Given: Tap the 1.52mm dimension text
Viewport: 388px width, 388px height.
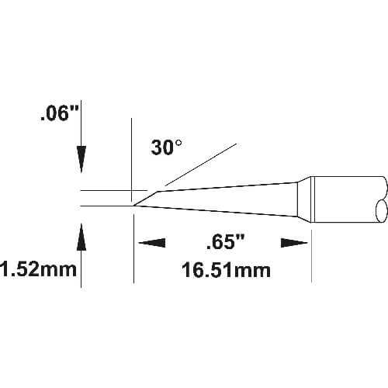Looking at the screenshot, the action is (38, 269).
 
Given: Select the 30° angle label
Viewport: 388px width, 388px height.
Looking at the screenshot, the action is (166, 147).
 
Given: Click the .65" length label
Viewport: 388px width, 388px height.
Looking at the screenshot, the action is (225, 243).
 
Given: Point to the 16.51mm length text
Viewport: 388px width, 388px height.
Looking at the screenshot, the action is (226, 270).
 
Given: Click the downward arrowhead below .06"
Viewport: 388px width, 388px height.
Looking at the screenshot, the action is (81, 159).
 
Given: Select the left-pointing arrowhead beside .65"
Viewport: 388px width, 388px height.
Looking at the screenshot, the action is (152, 243).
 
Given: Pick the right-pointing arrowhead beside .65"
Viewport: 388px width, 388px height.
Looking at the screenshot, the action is (294, 243).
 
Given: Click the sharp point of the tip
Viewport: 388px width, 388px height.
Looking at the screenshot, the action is (133, 206).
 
